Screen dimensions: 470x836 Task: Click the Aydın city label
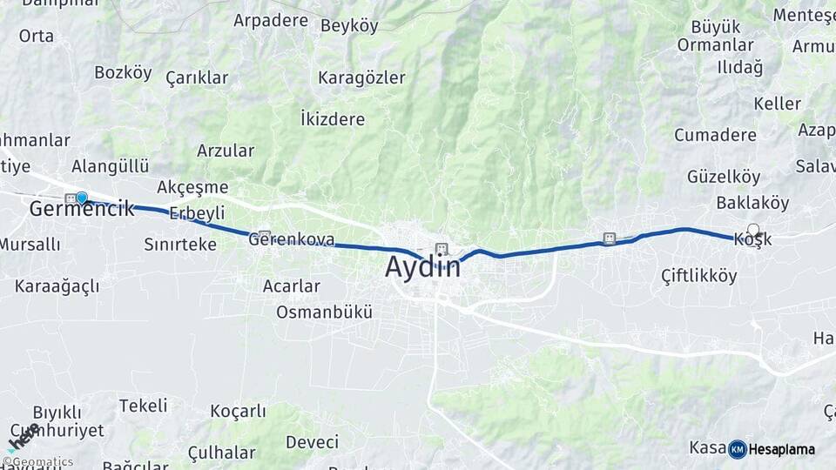pyautogui.click(x=423, y=267)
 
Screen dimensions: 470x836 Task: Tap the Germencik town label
pyautogui.click(x=81, y=209)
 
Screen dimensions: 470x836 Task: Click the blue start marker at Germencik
pyautogui.click(x=82, y=198)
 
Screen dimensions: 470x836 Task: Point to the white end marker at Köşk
pyautogui.click(x=753, y=230)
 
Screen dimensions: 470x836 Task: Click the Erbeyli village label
pyautogui.click(x=197, y=213)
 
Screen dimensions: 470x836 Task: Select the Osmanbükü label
pyautogui.click(x=324, y=312)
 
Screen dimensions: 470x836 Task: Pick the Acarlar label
pyautogui.click(x=291, y=285)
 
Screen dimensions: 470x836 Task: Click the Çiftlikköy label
pyautogui.click(x=698, y=276)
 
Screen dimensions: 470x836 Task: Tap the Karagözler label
pyautogui.click(x=361, y=77)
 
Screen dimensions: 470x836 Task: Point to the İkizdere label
pyautogui.click(x=332, y=118)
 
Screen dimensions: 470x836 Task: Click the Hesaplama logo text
pyautogui.click(x=781, y=449)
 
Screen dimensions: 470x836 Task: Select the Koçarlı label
pyautogui.click(x=238, y=411)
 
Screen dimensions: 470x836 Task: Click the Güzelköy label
pyautogui.click(x=724, y=177)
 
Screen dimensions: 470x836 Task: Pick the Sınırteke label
pyautogui.click(x=180, y=245)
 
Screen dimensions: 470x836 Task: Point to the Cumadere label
pyautogui.click(x=715, y=135)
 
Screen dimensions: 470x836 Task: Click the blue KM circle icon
pyautogui.click(x=737, y=449)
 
